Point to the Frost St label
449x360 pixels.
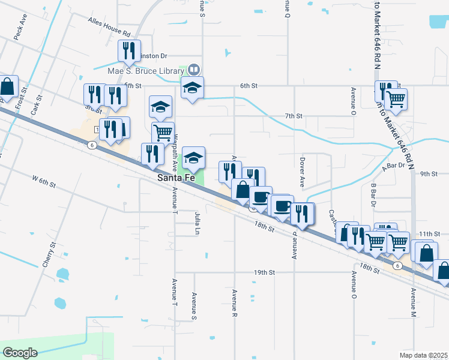point(22,98)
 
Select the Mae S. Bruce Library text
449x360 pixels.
point(146,71)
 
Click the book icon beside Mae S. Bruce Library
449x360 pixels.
point(194,70)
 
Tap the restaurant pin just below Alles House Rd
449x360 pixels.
point(128,52)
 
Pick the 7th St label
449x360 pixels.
point(294,115)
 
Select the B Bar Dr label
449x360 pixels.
point(373,194)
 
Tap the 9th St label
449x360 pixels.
point(429,174)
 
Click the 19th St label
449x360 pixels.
point(264,272)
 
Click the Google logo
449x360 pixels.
point(20,352)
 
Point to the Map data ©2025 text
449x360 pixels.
point(424,355)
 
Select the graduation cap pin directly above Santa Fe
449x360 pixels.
point(193,159)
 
